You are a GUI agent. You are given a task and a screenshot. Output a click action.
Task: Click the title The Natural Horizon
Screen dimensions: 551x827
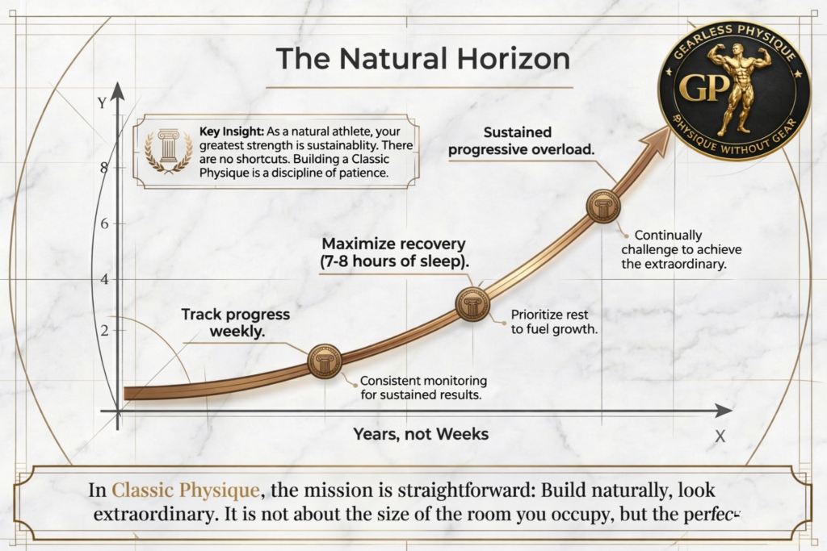422,59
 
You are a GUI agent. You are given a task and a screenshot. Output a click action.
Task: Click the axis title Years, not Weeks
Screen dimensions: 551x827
421,434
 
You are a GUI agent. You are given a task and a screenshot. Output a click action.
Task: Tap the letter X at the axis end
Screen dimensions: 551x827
720,436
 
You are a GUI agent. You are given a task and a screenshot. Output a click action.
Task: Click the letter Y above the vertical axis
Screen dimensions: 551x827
101,103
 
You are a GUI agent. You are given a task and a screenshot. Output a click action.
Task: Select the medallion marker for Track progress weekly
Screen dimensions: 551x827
325,360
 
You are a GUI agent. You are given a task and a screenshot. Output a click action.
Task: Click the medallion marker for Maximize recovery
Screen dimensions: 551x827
472,303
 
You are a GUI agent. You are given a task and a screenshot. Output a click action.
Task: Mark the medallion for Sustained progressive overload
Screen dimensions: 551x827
602,206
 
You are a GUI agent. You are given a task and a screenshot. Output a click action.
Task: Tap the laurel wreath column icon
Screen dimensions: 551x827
168,150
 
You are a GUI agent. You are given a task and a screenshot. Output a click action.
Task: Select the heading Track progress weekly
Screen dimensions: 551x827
235,323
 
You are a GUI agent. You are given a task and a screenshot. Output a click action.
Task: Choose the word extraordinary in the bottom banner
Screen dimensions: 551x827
150,514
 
